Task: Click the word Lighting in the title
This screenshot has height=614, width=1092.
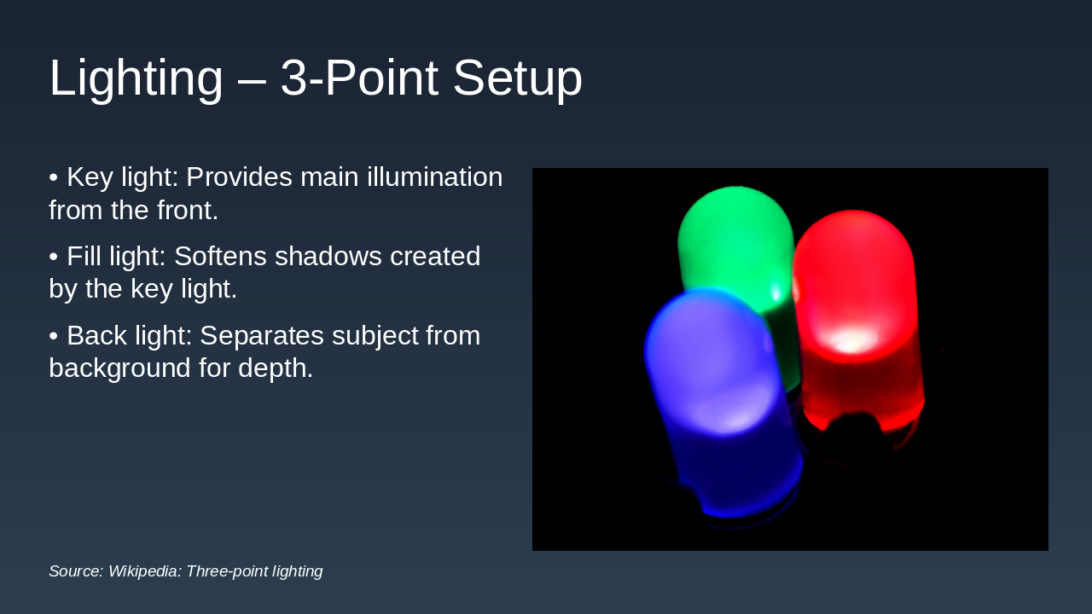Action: pyautogui.click(x=136, y=78)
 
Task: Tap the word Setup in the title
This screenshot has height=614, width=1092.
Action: pyautogui.click(x=517, y=78)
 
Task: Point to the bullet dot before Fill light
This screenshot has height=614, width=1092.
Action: pyautogui.click(x=53, y=257)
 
